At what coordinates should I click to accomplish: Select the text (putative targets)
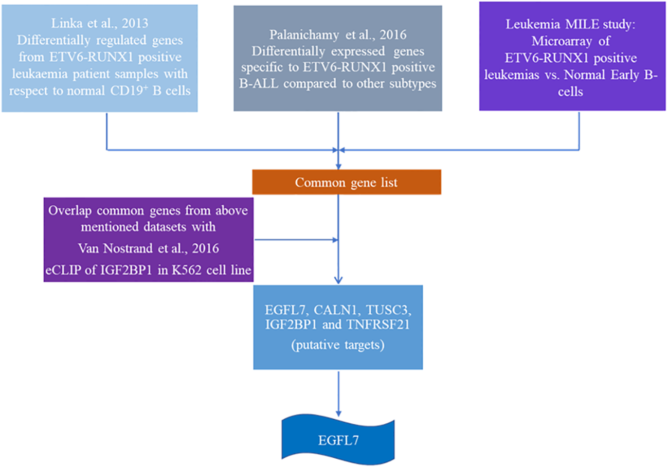click(x=338, y=345)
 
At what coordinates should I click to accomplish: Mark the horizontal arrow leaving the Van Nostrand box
click(x=296, y=239)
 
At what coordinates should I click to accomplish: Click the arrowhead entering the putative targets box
click(x=338, y=280)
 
